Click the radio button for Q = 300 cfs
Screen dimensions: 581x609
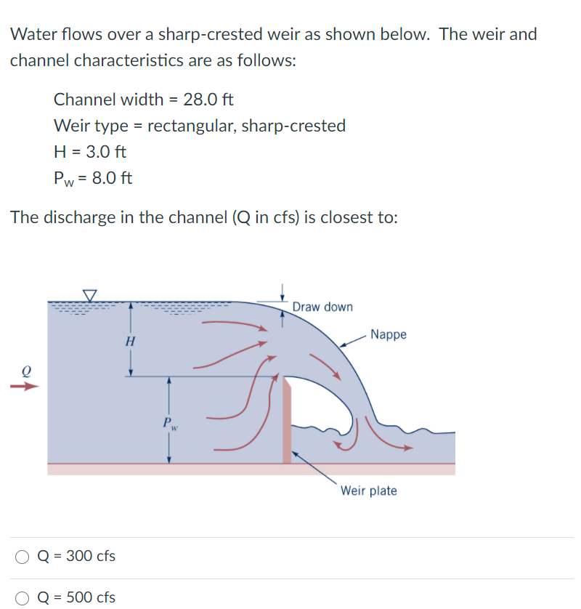(x=23, y=557)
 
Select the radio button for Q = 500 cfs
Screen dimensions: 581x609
(x=23, y=598)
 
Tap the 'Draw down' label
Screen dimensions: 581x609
(x=322, y=307)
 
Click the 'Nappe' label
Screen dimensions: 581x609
(x=389, y=334)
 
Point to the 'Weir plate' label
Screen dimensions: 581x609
(x=368, y=491)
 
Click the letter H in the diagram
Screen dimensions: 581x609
(x=130, y=341)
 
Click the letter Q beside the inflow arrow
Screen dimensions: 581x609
(x=26, y=369)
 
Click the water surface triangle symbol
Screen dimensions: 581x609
(x=90, y=294)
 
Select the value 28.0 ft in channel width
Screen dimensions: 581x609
(x=208, y=99)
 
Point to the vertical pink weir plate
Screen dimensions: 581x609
(x=288, y=422)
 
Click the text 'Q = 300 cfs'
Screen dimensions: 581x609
(x=76, y=557)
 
